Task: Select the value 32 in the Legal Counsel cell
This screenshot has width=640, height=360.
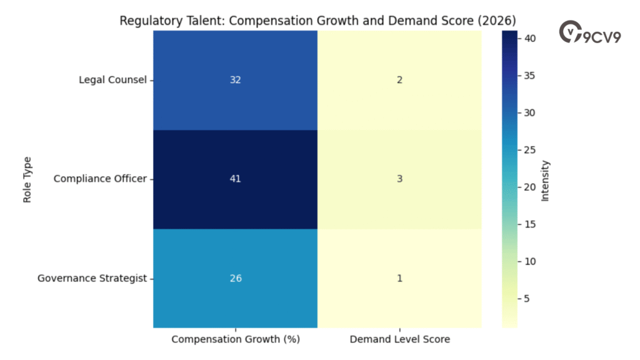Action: pyautogui.click(x=235, y=80)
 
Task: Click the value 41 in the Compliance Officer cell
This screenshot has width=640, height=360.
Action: pyautogui.click(x=235, y=179)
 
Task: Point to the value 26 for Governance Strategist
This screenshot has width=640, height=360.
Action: pyautogui.click(x=235, y=278)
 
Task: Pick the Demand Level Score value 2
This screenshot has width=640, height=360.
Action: pyautogui.click(x=399, y=80)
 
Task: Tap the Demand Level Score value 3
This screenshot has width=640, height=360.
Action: pyautogui.click(x=399, y=179)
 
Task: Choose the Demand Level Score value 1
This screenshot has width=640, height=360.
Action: pyautogui.click(x=399, y=278)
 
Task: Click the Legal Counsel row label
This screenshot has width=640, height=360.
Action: pyautogui.click(x=112, y=80)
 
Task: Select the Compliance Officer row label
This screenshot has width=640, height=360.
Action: pyautogui.click(x=100, y=179)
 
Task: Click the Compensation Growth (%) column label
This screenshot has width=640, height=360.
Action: pyautogui.click(x=235, y=339)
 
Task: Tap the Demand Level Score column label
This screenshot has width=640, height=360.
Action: pyautogui.click(x=399, y=339)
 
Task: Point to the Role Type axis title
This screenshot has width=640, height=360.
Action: pyautogui.click(x=27, y=179)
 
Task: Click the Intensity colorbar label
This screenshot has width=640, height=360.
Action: pyautogui.click(x=545, y=180)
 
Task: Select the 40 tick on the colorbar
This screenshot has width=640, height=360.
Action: pyautogui.click(x=528, y=38)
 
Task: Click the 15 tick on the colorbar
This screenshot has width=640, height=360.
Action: pyautogui.click(x=528, y=224)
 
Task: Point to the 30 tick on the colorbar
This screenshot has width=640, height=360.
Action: pyautogui.click(x=528, y=112)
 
